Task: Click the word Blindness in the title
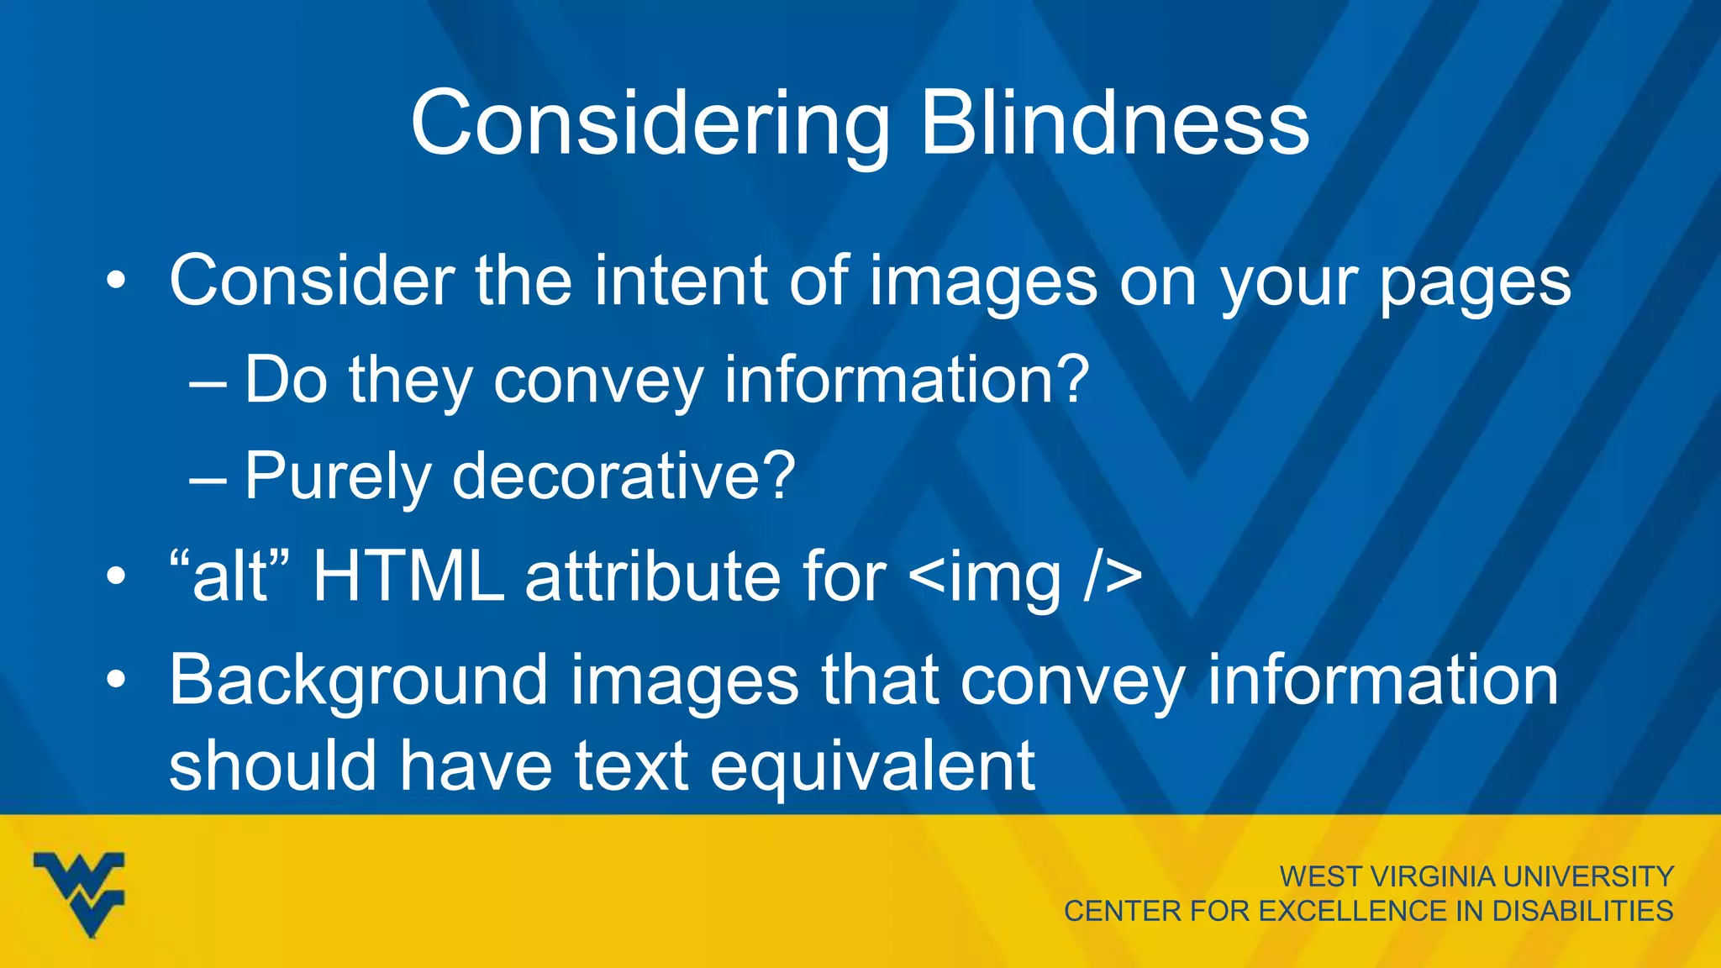coord(1114,124)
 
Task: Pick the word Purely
coord(337,477)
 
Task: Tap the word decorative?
coord(624,476)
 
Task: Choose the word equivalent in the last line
coord(872,766)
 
